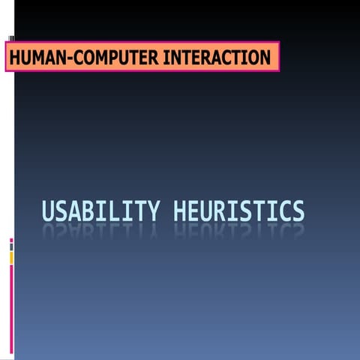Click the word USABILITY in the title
pyautogui.click(x=100, y=211)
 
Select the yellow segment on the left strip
pyautogui.click(x=11, y=257)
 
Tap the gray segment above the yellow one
pyautogui.click(x=11, y=247)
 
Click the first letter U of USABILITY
pyautogui.click(x=48, y=211)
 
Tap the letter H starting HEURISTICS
pyautogui.click(x=179, y=211)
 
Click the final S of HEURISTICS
pyautogui.click(x=298, y=211)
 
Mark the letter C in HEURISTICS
pyautogui.click(x=283, y=211)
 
